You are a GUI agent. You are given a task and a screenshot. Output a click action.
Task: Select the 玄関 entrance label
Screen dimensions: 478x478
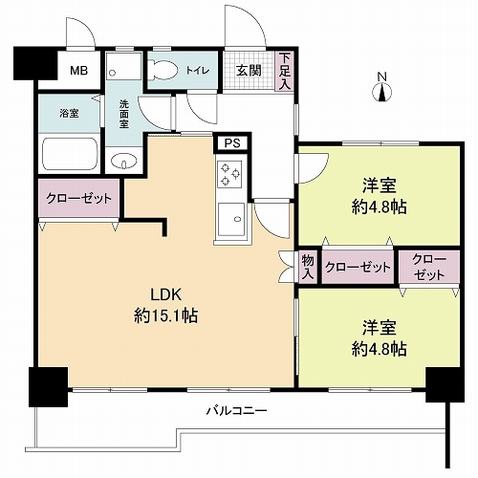(249, 69)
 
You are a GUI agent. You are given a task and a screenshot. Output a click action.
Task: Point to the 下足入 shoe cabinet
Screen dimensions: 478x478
(285, 71)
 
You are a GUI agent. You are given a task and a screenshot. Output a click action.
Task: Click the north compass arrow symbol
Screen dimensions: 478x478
(380, 92)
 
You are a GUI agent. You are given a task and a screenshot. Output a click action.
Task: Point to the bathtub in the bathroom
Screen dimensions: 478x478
(69, 153)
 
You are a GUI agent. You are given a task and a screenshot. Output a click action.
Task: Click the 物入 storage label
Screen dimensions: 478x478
(307, 266)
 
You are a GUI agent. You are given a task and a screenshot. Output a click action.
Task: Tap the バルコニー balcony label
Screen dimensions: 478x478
(236, 411)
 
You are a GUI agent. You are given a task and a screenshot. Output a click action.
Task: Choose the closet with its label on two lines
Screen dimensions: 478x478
(422, 267)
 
